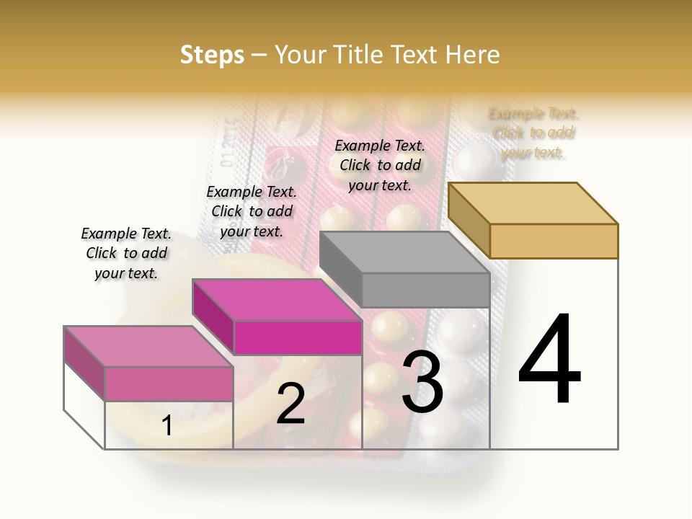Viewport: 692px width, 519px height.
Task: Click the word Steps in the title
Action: click(x=212, y=55)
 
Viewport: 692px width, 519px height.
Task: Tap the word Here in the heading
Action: click(x=472, y=55)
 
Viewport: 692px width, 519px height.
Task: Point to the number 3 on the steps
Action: click(x=422, y=382)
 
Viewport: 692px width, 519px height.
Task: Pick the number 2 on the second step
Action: click(x=290, y=404)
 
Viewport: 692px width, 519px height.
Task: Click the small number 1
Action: click(x=167, y=425)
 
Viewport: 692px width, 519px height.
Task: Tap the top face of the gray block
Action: click(x=404, y=252)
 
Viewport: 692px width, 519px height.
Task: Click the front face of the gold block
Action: click(x=554, y=241)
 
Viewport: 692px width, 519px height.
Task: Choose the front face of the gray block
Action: click(x=425, y=290)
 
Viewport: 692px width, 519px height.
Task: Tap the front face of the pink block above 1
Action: click(x=169, y=383)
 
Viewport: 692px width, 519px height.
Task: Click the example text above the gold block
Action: click(x=533, y=133)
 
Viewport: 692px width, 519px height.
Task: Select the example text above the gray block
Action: click(x=380, y=165)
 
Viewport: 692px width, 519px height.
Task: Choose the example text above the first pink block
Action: click(x=126, y=253)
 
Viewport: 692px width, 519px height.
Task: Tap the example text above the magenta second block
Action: click(x=252, y=211)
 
